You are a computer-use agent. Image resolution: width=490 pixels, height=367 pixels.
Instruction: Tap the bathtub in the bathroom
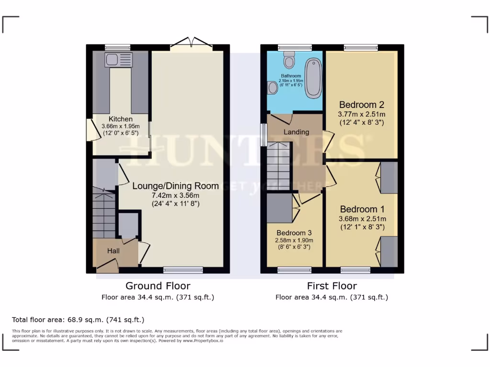click(x=314, y=77)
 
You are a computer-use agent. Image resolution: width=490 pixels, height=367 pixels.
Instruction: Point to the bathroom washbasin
click(x=273, y=87)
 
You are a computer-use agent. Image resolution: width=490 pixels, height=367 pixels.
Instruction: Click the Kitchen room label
click(x=121, y=119)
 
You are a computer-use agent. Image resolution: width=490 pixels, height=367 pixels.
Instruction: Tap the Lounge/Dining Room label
click(x=176, y=186)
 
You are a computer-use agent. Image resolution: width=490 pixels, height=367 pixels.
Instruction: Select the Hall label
click(x=113, y=250)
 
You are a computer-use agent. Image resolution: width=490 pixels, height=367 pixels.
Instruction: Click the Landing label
click(x=296, y=132)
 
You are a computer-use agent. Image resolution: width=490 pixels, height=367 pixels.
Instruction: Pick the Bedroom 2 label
click(x=362, y=105)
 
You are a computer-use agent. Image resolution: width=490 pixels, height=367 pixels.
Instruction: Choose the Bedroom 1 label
click(x=362, y=209)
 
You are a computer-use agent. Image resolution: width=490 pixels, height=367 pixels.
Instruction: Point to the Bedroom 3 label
click(x=294, y=233)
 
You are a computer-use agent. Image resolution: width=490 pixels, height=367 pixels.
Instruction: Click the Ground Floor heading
click(x=158, y=286)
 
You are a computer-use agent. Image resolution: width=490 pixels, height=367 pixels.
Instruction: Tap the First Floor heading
click(x=332, y=286)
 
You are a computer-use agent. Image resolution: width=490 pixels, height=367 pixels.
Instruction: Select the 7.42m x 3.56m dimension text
click(x=176, y=195)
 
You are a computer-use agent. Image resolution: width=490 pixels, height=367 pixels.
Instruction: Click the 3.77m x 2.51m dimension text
click(x=362, y=114)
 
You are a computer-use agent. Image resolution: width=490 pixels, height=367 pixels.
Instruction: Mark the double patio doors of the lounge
click(x=191, y=43)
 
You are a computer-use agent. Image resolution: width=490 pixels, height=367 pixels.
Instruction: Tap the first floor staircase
click(x=278, y=167)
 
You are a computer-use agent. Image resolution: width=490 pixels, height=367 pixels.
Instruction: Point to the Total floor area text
click(x=78, y=319)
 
